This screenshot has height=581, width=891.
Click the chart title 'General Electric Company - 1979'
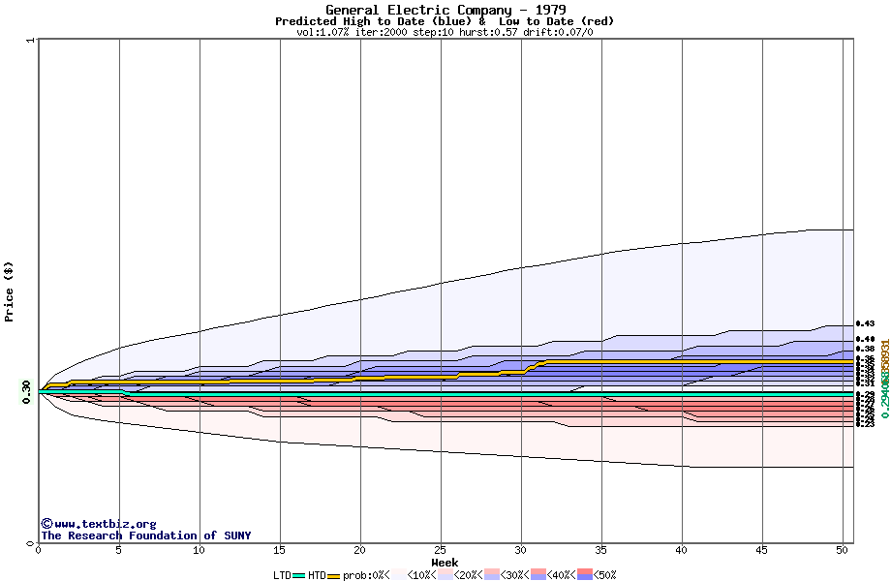[445, 10]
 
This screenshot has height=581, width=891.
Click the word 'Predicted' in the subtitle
[306, 21]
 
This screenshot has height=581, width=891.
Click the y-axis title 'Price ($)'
[9, 290]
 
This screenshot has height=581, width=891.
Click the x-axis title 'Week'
[445, 562]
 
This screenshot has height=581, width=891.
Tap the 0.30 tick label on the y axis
[26, 390]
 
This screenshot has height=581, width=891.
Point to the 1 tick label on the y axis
[31, 41]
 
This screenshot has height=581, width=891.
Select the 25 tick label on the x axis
[441, 550]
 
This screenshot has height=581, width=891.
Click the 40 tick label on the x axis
[682, 550]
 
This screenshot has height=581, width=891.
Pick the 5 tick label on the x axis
[119, 550]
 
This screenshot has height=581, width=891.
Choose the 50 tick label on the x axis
[843, 550]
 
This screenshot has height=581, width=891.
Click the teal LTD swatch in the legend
[299, 575]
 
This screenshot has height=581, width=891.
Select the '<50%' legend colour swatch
[585, 575]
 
